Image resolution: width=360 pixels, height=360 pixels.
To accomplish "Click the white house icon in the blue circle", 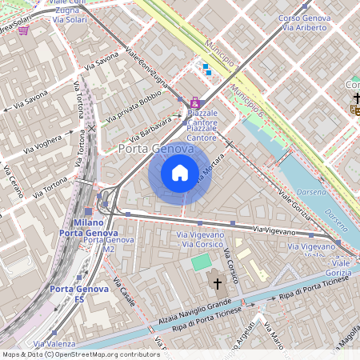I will [x=180, y=172].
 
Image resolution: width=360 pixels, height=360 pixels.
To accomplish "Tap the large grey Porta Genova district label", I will [x=155, y=149].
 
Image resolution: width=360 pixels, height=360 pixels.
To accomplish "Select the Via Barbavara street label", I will [x=150, y=126].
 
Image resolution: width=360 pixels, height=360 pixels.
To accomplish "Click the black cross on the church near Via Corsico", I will [x=217, y=283].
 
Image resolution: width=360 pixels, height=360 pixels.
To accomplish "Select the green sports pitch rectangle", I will [x=202, y=262].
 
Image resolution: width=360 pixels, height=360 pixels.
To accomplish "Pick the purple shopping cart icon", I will [x=24, y=30].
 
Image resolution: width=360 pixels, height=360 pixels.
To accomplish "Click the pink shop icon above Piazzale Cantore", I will [x=194, y=103].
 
